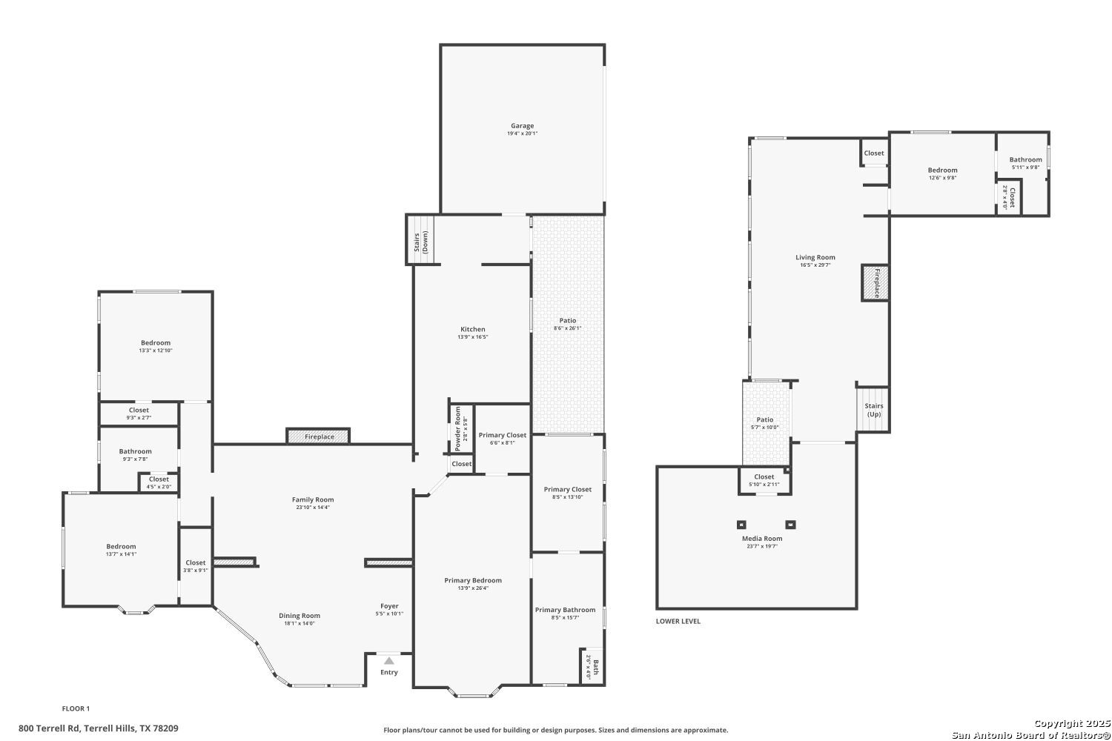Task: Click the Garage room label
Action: click(x=522, y=126)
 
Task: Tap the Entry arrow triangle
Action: click(x=388, y=660)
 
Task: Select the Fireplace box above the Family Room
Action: click(x=319, y=436)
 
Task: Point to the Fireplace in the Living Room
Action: click(x=875, y=283)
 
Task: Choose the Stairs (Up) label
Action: click(x=874, y=410)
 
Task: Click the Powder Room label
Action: click(x=458, y=429)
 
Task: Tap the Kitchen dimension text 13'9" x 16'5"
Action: click(x=473, y=337)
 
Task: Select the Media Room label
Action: click(x=762, y=539)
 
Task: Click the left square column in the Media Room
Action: click(x=740, y=525)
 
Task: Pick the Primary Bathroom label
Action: click(x=565, y=610)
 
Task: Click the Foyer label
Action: click(x=389, y=606)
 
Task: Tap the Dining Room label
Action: click(x=299, y=616)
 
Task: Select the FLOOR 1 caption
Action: click(x=76, y=708)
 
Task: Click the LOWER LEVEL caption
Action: click(x=678, y=621)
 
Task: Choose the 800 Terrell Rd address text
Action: click(x=99, y=728)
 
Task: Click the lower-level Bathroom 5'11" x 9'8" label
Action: click(x=1025, y=159)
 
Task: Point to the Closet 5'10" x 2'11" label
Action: click(x=764, y=477)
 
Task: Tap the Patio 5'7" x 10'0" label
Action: click(x=764, y=420)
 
